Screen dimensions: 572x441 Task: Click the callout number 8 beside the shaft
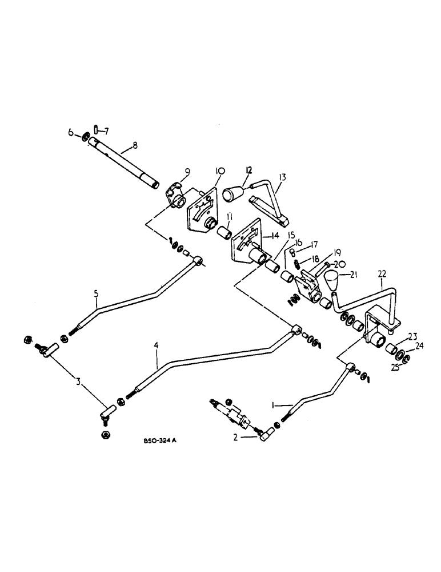[x=135, y=146]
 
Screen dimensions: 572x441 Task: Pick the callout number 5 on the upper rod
[x=97, y=295]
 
